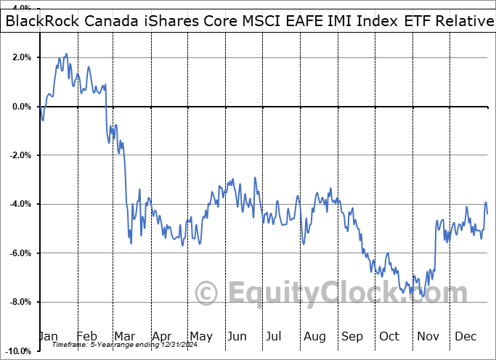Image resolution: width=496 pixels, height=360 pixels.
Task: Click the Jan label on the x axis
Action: point(48,336)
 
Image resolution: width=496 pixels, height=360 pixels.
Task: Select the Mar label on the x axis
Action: point(124,336)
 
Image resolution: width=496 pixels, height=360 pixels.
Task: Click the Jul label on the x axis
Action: point(275,336)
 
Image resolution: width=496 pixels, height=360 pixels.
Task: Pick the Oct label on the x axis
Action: point(389,336)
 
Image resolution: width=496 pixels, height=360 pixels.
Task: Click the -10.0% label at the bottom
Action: point(20,351)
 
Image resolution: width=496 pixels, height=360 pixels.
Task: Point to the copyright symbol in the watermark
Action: point(207,293)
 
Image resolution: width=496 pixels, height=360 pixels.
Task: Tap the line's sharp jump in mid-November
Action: point(434,247)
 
